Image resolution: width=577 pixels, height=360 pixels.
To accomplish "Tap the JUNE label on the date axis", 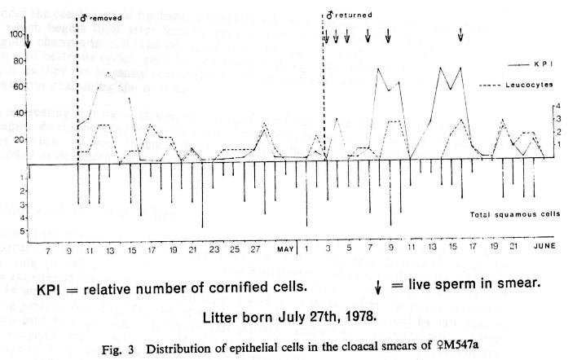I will point(544,245).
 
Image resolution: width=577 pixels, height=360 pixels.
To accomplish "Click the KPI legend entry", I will point(544,64).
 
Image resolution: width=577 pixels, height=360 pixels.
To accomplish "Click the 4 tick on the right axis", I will point(558,105).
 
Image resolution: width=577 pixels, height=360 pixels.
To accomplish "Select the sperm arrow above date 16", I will point(461,35).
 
